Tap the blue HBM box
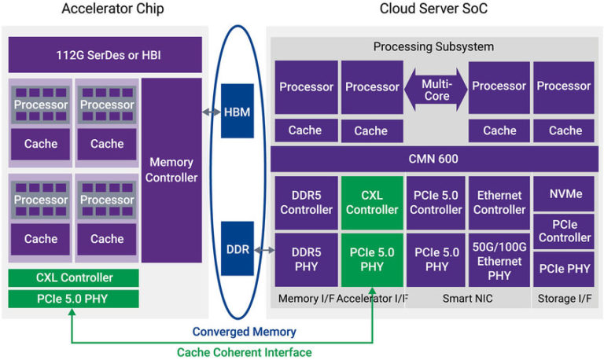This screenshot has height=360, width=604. click(238, 112)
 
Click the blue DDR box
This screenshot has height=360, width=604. click(238, 249)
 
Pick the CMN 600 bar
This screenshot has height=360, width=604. click(433, 160)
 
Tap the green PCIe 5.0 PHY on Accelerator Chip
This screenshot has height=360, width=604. click(74, 299)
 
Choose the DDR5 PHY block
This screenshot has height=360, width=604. click(307, 259)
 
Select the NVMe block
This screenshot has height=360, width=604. click(565, 193)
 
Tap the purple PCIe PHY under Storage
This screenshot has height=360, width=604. click(565, 269)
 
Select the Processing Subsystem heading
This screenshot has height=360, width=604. click(433, 46)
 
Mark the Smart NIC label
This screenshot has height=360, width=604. click(469, 298)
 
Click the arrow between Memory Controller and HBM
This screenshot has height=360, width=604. click(211, 112)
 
